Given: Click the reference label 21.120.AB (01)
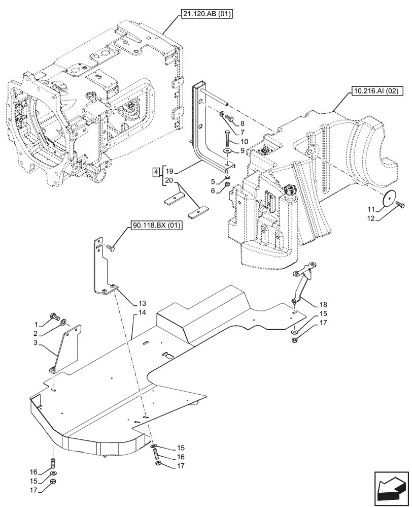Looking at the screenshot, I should point(205,15).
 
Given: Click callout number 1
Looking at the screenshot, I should point(36,324).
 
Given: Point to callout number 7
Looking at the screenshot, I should point(243,132).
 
